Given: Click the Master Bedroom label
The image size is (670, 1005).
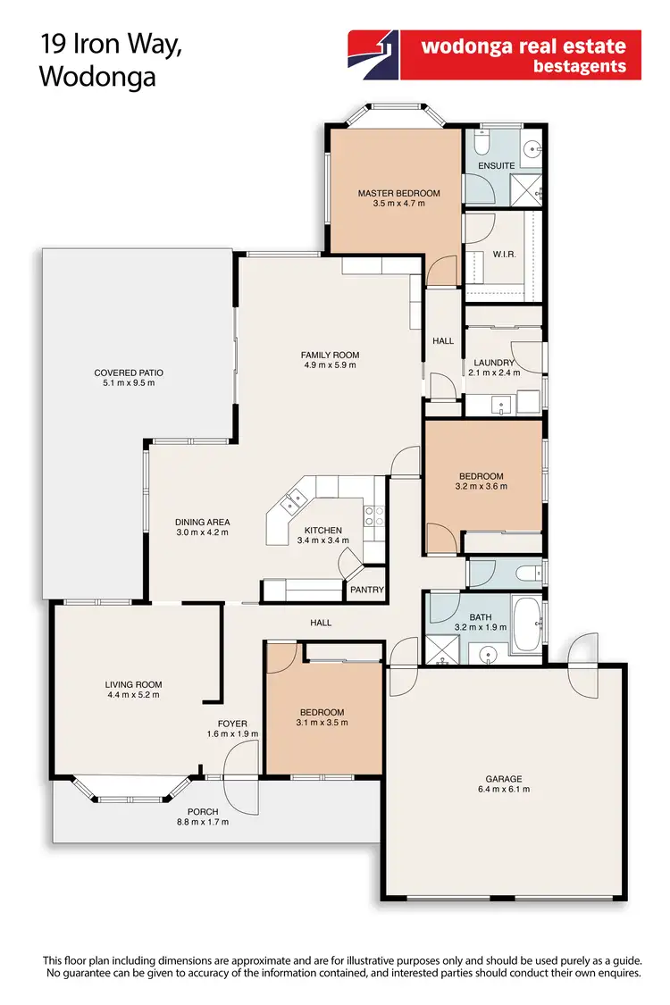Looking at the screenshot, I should click(x=398, y=193).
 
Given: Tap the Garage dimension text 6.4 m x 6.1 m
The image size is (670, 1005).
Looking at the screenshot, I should click(x=504, y=790).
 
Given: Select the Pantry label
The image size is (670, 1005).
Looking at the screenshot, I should click(x=367, y=590).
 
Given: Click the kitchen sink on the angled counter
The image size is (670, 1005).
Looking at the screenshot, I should click(x=290, y=504).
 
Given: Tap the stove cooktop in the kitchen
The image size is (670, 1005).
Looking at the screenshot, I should click(x=373, y=515).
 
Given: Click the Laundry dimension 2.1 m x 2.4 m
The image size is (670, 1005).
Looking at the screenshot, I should click(x=496, y=373).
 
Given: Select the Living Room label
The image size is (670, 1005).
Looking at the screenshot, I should click(x=134, y=685).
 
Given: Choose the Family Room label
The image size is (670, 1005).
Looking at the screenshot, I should click(x=330, y=355).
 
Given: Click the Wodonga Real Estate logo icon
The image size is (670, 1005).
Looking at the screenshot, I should click(x=373, y=54).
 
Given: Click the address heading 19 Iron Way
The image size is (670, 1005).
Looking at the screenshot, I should click(x=110, y=45).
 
